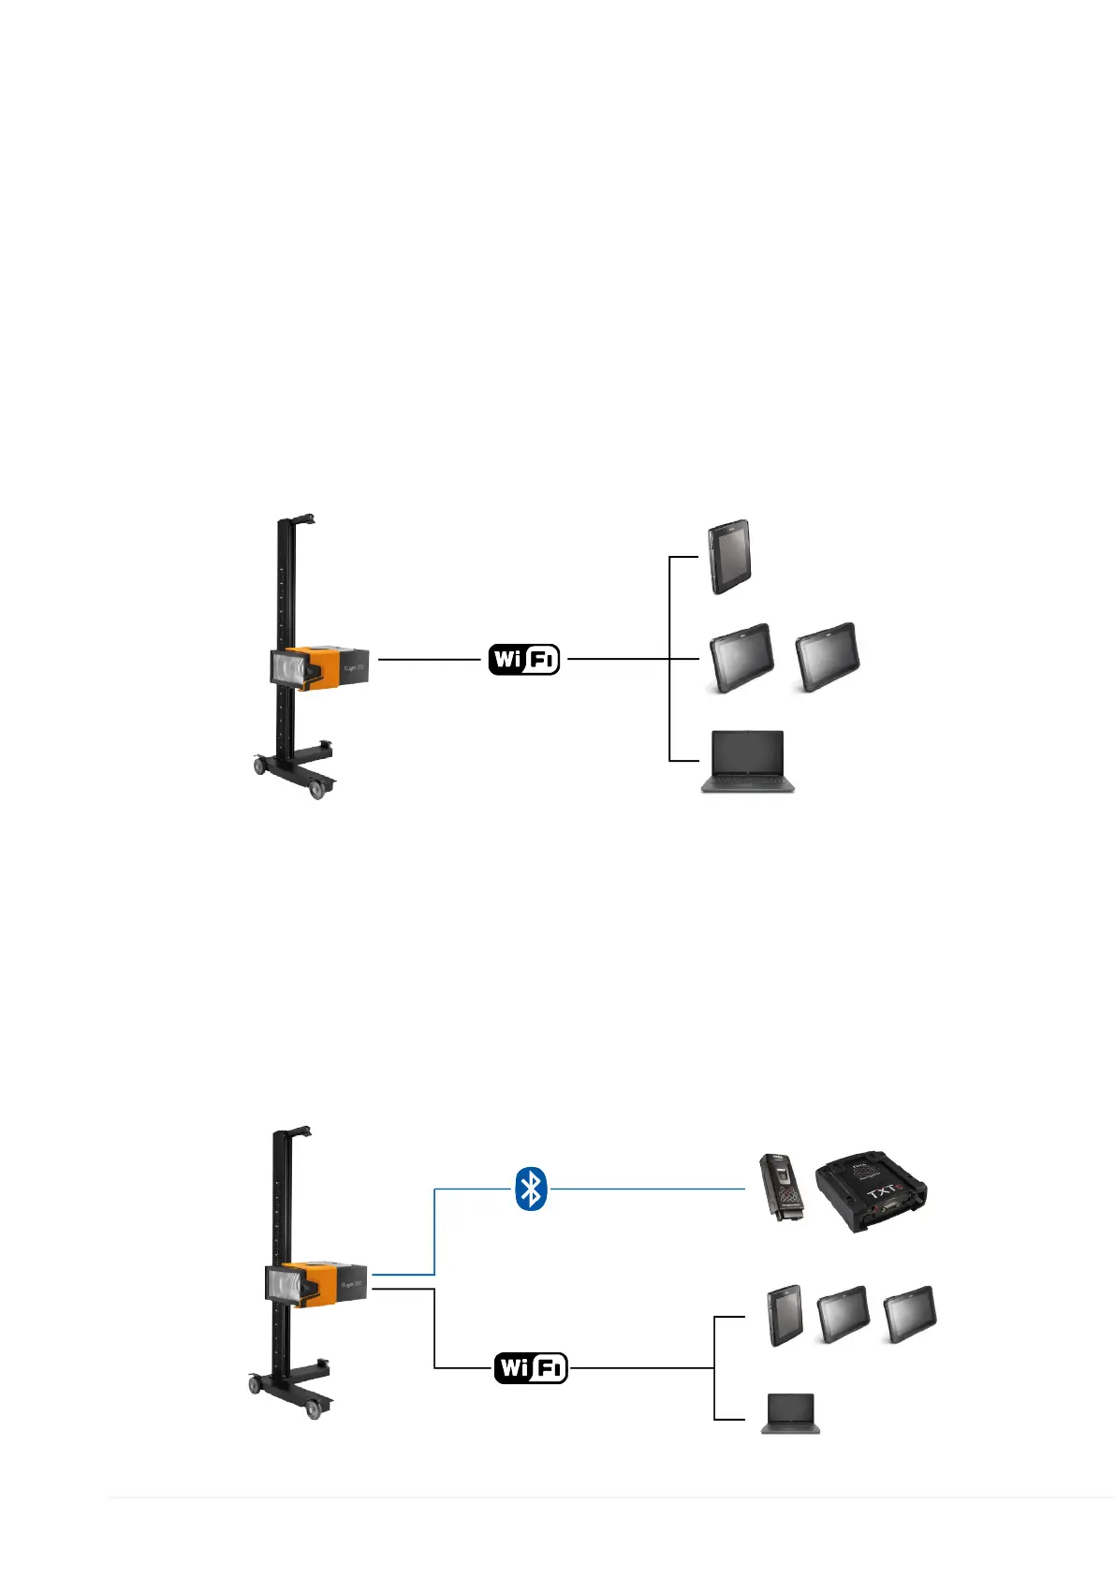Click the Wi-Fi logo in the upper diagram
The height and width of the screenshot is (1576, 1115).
[x=524, y=659]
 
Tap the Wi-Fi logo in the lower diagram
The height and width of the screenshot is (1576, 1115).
[x=531, y=1367]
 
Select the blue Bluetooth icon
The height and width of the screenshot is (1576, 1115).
[x=531, y=1189]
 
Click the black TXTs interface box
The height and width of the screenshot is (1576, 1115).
[x=870, y=1191]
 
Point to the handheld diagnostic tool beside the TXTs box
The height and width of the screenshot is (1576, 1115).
[x=783, y=1187]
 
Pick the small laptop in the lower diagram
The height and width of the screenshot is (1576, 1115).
[x=791, y=1413]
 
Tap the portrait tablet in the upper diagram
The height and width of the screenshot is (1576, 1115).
[x=729, y=557]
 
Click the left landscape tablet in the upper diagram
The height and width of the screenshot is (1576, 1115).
[x=741, y=657]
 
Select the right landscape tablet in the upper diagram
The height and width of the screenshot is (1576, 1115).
[x=827, y=656]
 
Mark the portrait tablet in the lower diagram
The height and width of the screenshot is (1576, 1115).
[x=785, y=1315]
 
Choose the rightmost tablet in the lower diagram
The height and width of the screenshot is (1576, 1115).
[x=909, y=1315]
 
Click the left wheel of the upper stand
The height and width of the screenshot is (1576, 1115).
[x=258, y=766]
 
